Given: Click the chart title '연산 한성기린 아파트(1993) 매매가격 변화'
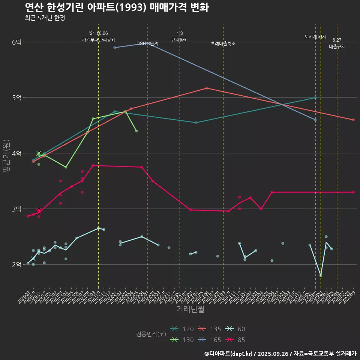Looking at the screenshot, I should pyautogui.click(x=117, y=7).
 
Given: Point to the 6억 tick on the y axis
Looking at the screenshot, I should pyautogui.click(x=16, y=42).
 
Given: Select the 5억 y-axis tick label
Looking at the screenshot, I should pyautogui.click(x=16, y=97).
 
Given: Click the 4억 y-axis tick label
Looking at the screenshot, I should pyautogui.click(x=16, y=153).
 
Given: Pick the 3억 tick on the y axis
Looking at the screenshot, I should pyautogui.click(x=16, y=209).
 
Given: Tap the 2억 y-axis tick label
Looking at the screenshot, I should pyautogui.click(x=16, y=264).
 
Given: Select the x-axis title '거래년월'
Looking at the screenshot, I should pyautogui.click(x=190, y=309).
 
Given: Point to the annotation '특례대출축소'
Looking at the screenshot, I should pyautogui.click(x=223, y=43).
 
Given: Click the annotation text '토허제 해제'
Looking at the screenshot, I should pyautogui.click(x=315, y=37).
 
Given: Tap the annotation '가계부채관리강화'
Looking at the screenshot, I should pyautogui.click(x=99, y=40).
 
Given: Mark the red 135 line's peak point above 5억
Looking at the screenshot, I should pyautogui.click(x=207, y=88).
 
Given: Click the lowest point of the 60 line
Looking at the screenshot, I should pyautogui.click(x=321, y=276).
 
